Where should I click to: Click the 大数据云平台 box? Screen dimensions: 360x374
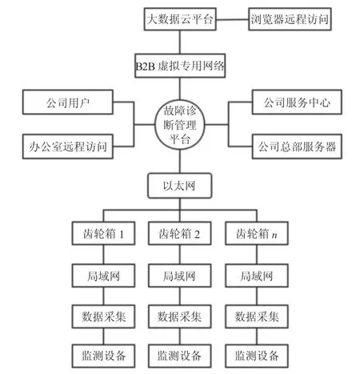180,19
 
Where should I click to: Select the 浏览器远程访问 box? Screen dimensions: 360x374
290,19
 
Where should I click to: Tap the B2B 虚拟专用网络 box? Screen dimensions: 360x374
180,66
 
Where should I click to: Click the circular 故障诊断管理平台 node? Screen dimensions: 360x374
180,125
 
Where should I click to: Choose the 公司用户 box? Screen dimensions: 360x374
68,103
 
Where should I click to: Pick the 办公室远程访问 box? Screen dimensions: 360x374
68,147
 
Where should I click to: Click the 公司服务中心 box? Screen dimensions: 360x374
297,103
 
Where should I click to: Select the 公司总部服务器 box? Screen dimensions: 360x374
297,147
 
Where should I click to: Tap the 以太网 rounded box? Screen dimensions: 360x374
180,186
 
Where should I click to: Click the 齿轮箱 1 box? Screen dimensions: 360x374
103,233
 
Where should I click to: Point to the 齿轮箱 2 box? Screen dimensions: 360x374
180,233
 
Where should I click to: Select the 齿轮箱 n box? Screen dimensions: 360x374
257,233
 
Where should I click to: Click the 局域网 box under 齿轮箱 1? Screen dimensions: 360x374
103,275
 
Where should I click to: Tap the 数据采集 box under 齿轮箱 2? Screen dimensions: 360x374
180,316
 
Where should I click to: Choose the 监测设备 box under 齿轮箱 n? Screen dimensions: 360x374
257,356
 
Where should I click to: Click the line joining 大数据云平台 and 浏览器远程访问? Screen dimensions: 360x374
232,19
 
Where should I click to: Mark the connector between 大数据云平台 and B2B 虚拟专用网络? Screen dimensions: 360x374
180,42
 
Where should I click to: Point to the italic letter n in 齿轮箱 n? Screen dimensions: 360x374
274,235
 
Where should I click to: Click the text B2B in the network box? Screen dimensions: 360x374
146,66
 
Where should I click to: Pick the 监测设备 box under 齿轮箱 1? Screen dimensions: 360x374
103,356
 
